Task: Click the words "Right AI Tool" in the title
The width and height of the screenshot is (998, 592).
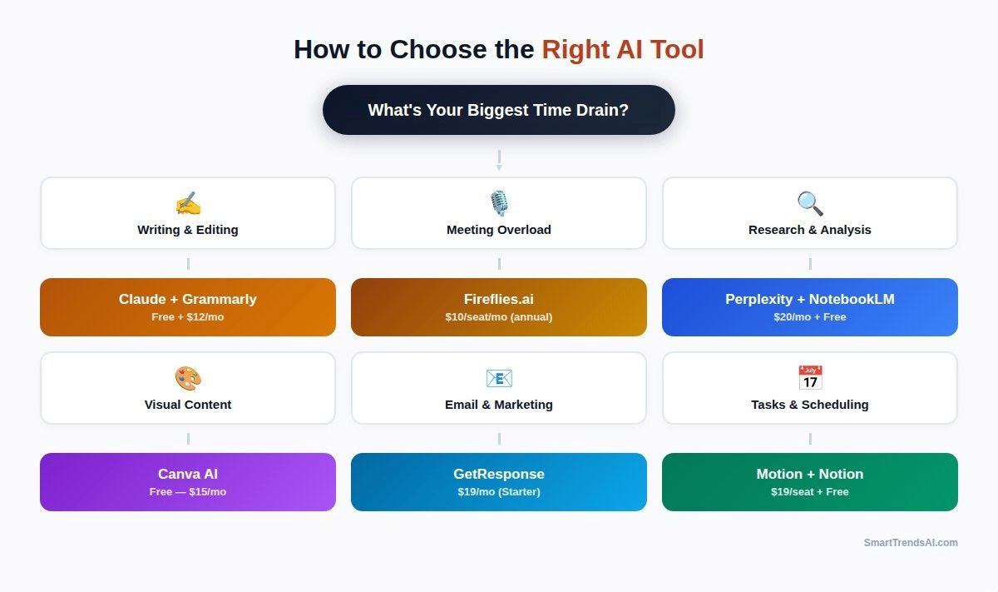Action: (x=622, y=50)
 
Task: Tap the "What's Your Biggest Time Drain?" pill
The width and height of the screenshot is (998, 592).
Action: (x=498, y=110)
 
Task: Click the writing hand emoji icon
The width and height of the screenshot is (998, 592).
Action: (x=188, y=204)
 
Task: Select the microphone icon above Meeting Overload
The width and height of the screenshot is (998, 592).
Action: (x=499, y=204)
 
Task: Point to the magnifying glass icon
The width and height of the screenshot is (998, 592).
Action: (x=810, y=204)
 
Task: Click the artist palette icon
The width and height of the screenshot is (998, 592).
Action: (x=188, y=379)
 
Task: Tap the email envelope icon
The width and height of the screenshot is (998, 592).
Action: (x=499, y=379)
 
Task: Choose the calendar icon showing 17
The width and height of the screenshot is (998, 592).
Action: (x=810, y=378)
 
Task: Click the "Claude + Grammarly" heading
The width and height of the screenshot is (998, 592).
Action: (x=188, y=299)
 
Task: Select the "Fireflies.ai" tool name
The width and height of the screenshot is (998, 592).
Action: (x=499, y=299)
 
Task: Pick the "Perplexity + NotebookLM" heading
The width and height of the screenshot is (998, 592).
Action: (x=810, y=299)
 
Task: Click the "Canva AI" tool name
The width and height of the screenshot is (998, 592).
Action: (x=188, y=474)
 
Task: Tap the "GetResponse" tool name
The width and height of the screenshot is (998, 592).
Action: (x=499, y=474)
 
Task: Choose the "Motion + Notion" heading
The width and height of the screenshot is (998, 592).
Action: (x=810, y=474)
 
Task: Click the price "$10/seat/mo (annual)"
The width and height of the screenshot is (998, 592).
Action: (x=499, y=317)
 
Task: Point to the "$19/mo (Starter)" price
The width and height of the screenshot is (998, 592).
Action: (x=499, y=492)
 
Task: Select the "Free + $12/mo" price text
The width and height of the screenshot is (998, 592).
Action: (x=188, y=317)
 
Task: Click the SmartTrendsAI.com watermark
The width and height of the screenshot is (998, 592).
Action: (x=911, y=543)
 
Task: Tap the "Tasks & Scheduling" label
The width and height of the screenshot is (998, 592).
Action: (x=810, y=405)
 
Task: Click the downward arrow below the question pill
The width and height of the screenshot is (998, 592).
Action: (x=499, y=161)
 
